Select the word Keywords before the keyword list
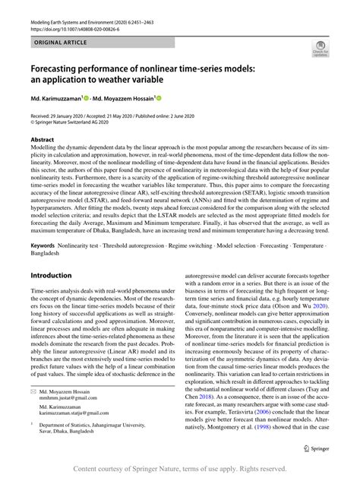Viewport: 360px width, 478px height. pos(45,248)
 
